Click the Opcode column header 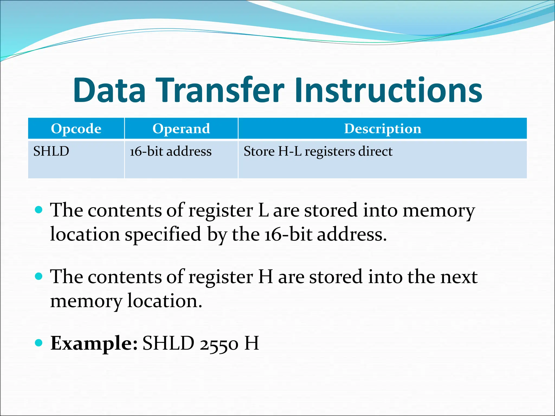pyautogui.click(x=76, y=128)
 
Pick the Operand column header pyautogui.click(x=181, y=128)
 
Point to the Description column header pyautogui.click(x=382, y=128)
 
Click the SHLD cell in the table pyautogui.click(x=51, y=151)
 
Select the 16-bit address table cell pyautogui.click(x=170, y=151)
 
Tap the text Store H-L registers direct pyautogui.click(x=318, y=151)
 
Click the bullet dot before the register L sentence pyautogui.click(x=39, y=210)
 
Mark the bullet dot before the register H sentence pyautogui.click(x=39, y=276)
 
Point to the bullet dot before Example pyautogui.click(x=39, y=343)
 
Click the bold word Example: pyautogui.click(x=94, y=343)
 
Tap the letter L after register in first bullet pyautogui.click(x=263, y=210)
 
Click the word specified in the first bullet pyautogui.click(x=163, y=235)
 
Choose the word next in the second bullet pyautogui.click(x=459, y=277)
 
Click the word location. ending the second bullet pyautogui.click(x=164, y=301)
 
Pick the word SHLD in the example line pyautogui.click(x=168, y=343)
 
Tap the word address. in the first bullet pyautogui.click(x=351, y=235)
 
